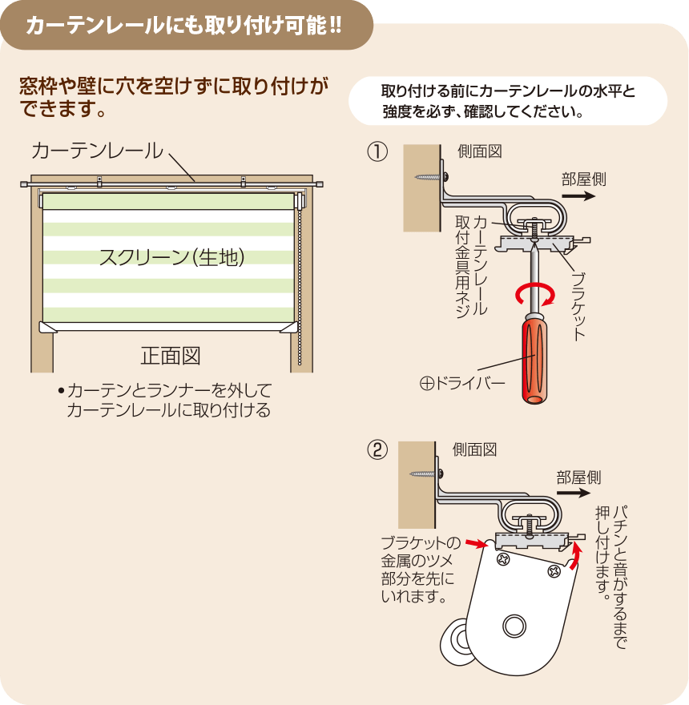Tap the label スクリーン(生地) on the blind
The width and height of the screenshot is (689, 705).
(171, 258)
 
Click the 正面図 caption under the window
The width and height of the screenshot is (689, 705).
(171, 356)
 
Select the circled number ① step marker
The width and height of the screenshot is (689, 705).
(377, 151)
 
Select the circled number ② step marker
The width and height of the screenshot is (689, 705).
(377, 449)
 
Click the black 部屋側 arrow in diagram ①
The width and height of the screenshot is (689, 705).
(578, 196)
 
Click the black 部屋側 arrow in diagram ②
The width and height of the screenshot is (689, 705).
(574, 493)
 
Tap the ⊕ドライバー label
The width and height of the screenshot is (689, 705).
(462, 384)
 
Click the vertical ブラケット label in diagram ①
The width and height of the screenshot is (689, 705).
(578, 306)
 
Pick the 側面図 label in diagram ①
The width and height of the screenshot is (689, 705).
(479, 151)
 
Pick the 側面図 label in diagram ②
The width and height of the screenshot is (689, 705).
(474, 449)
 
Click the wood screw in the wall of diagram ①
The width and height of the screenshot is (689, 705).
(431, 177)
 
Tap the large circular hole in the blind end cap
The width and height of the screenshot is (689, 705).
(514, 626)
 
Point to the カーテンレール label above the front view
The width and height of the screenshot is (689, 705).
(97, 151)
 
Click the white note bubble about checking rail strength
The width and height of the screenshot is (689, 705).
(508, 101)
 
